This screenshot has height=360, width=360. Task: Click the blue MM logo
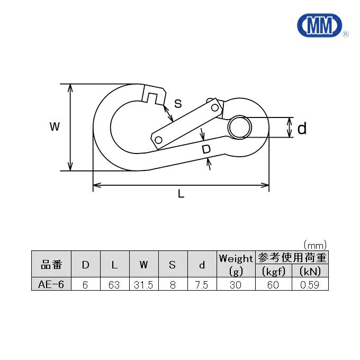(319, 25)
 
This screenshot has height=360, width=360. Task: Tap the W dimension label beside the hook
(55, 127)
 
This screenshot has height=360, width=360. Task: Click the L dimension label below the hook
(181, 194)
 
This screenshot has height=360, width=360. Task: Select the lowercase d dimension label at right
(302, 128)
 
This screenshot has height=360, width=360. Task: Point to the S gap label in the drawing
(178, 104)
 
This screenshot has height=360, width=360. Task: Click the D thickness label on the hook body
(206, 149)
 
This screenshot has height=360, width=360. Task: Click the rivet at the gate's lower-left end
(158, 140)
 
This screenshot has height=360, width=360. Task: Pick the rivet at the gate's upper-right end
(214, 107)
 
